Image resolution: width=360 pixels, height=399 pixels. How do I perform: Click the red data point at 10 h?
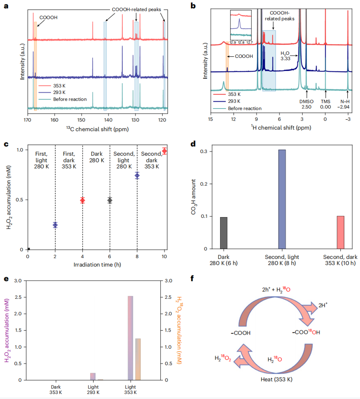164,151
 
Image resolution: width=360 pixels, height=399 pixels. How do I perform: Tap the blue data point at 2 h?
55,225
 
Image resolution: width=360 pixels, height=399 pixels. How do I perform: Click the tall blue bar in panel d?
282,199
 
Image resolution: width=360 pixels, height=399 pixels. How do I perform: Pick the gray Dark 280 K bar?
224,233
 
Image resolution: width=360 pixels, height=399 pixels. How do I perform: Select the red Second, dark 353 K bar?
340,232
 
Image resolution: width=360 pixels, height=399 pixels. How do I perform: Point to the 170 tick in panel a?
28,119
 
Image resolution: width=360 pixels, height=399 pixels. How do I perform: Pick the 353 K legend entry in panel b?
235,95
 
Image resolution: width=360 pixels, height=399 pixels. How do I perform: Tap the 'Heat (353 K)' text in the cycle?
275,379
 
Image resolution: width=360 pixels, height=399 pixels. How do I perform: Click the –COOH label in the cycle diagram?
240,333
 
